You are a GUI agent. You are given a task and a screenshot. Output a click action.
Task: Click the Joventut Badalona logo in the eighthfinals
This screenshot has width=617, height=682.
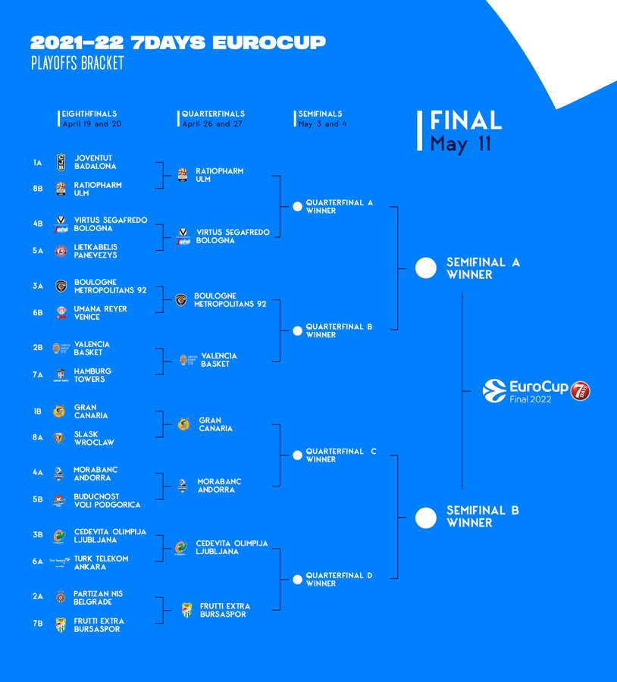61,162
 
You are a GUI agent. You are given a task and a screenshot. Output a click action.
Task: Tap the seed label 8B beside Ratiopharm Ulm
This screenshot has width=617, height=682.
37,189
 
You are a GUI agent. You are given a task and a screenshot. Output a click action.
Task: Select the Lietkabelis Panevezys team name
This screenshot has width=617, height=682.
96,251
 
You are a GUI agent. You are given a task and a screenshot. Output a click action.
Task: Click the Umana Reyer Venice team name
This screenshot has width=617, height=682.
101,313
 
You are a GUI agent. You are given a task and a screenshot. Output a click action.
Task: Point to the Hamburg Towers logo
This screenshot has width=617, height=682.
61,375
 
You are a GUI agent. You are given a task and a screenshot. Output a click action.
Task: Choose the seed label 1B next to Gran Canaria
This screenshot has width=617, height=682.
37,411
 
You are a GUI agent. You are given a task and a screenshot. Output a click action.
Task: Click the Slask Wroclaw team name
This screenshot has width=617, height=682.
94,438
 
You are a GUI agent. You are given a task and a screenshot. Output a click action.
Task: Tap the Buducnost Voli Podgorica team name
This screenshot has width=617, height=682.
107,500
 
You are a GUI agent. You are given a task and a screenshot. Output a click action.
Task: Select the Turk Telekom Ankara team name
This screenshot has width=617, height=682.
101,562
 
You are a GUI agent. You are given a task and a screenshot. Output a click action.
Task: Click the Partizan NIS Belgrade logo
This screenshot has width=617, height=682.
61,597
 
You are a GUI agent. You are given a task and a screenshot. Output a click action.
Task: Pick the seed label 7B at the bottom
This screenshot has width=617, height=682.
37,624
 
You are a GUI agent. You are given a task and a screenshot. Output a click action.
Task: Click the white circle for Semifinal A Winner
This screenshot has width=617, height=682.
426,267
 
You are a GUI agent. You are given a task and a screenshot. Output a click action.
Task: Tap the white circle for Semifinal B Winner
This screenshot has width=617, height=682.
426,518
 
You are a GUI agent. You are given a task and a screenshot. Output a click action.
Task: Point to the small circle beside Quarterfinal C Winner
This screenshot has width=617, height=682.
297,455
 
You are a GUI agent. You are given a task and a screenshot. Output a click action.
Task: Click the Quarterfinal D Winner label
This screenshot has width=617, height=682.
339,580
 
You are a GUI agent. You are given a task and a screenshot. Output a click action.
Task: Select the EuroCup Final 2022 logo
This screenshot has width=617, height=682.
537,391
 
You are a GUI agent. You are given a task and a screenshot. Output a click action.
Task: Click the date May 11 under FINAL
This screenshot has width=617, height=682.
461,144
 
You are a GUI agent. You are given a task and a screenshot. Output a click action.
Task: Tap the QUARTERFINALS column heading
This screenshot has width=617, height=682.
213,114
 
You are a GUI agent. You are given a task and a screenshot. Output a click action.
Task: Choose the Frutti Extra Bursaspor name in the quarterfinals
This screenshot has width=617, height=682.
225,610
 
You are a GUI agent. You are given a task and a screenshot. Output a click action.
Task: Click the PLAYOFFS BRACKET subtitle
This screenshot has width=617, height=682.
77,63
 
